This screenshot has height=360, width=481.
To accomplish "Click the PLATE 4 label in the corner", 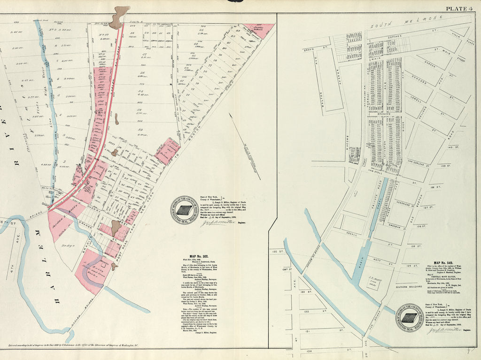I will pos(461,8).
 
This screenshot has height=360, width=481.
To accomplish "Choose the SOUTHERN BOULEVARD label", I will pos(410,287).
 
